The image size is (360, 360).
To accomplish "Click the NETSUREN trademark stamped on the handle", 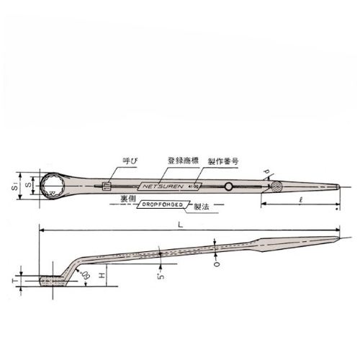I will pos(163,184).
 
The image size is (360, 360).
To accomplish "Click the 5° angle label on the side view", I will pos(159,273).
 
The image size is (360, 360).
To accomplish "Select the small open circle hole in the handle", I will pos(228,187).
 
